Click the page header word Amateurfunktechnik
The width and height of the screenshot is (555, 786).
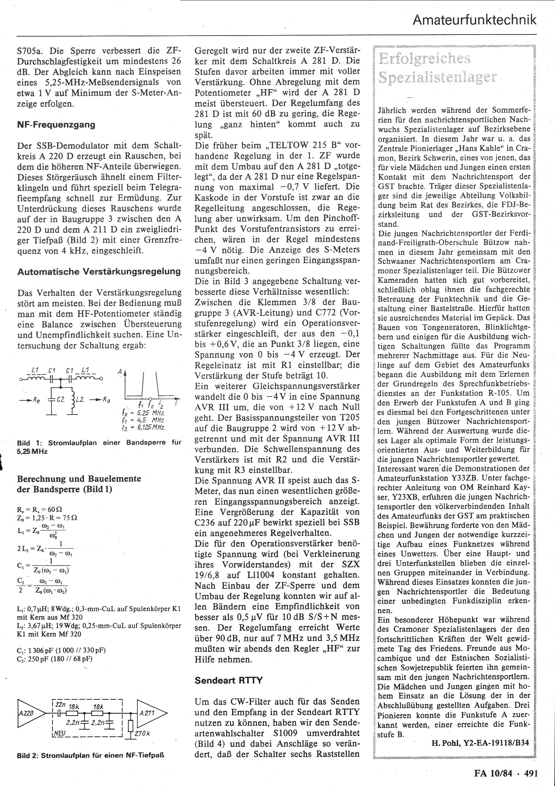click(x=475, y=20)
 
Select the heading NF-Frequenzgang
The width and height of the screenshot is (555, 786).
click(x=56, y=125)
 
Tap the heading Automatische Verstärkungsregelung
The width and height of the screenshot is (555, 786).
click(x=99, y=272)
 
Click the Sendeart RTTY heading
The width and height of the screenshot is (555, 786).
click(x=229, y=680)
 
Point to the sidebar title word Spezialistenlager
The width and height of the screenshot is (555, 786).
click(x=437, y=77)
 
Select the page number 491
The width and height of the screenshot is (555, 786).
click(x=531, y=773)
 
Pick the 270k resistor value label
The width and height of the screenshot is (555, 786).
click(x=142, y=734)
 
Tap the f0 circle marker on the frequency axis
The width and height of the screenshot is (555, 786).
click(x=150, y=396)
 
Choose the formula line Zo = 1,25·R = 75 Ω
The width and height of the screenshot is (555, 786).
click(x=47, y=518)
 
